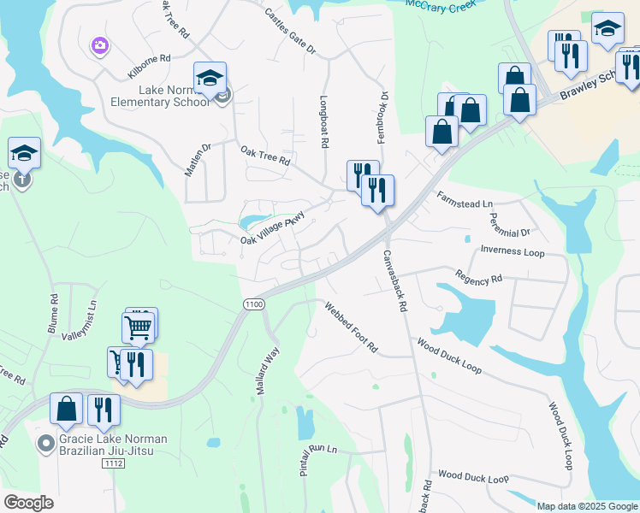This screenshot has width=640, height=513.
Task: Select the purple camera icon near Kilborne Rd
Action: tap(100, 44)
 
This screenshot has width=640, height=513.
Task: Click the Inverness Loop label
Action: tap(512, 251)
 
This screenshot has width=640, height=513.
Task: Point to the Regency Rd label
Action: tap(479, 278)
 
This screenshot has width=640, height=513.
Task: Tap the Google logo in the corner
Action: tap(29, 503)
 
